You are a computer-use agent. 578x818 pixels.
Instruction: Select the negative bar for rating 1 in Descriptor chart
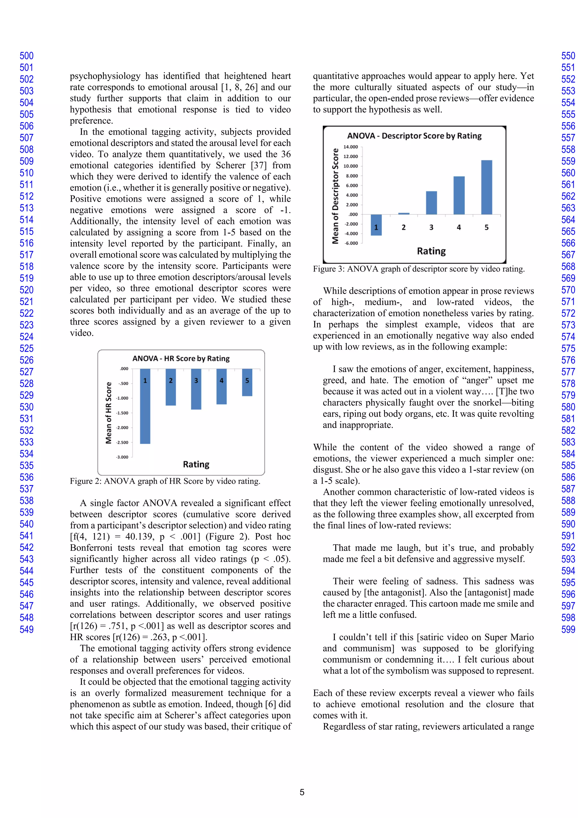pyautogui.click(x=376, y=225)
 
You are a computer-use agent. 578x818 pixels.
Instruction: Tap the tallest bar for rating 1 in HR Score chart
pyautogui.click(x=145, y=406)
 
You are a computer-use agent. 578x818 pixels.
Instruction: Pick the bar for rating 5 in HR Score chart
pyautogui.click(x=247, y=382)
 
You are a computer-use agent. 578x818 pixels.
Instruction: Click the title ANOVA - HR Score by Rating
pyautogui.click(x=181, y=358)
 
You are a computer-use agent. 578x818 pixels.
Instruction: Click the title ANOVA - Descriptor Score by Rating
pyautogui.click(x=414, y=136)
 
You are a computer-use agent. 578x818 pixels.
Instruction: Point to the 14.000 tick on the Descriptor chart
pyautogui.click(x=351, y=147)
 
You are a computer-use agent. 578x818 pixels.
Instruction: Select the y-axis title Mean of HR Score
pyautogui.click(x=109, y=413)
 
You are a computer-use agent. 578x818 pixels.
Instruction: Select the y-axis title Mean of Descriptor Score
pyautogui.click(x=335, y=196)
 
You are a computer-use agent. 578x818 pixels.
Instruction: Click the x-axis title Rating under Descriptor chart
pyautogui.click(x=431, y=251)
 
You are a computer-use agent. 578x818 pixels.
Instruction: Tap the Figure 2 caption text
pyautogui.click(x=165, y=481)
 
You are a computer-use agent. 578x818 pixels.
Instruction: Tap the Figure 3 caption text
pyautogui.click(x=419, y=269)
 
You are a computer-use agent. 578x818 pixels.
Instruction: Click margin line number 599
pyautogui.click(x=568, y=630)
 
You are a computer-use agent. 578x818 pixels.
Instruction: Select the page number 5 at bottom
pyautogui.click(x=302, y=792)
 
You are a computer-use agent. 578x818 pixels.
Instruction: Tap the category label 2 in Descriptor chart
pyautogui.click(x=404, y=227)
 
